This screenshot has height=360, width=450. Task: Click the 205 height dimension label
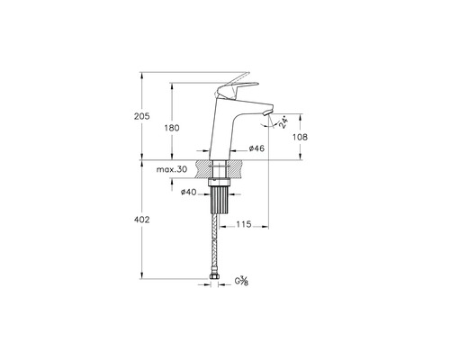coord(141,116)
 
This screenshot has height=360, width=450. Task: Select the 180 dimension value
coord(172,128)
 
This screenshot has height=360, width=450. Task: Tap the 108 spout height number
coord(300,137)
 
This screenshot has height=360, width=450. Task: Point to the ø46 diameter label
coord(256,148)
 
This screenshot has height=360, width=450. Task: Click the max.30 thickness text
coord(172,169)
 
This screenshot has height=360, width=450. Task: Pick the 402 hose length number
coord(141,220)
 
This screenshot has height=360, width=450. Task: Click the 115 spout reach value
coord(244,224)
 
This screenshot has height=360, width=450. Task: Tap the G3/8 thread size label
coord(241,281)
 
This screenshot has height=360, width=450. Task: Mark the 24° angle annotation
coord(283,122)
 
